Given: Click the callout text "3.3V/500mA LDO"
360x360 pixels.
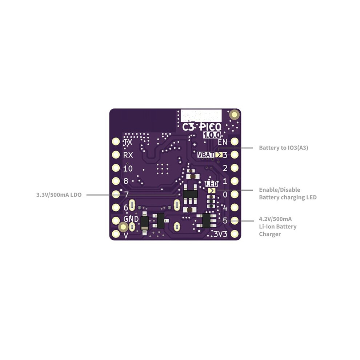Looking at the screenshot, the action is [59, 195].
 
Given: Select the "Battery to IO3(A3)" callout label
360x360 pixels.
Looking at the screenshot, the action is [284, 148].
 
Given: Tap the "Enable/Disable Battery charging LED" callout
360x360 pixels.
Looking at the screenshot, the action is [288, 193].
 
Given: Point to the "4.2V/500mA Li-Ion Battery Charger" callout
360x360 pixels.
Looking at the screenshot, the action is [278, 227].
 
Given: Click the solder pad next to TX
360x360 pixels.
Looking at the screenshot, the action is [116, 141].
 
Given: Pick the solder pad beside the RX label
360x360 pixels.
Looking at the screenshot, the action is [116, 155].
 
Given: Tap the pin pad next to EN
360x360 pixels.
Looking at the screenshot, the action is [235, 141].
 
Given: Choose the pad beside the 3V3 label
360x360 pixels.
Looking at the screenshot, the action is [235, 234].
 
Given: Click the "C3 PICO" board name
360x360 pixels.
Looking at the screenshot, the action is [202, 127].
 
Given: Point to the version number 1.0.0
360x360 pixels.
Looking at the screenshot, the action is [212, 135].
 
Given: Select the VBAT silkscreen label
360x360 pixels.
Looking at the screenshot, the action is [206, 155].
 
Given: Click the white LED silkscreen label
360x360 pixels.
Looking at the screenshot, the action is [211, 184].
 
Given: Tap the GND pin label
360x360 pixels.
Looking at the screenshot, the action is [131, 219].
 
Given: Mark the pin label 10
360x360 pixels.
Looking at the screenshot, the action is [128, 169].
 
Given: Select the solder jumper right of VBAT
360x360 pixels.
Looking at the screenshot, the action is [219, 155].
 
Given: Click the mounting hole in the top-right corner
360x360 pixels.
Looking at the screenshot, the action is [235, 115].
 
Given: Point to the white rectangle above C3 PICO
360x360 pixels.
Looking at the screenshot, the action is [201, 116].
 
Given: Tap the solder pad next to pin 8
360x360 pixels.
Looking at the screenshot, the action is [116, 181].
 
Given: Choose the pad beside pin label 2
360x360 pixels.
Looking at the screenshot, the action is [235, 168].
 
